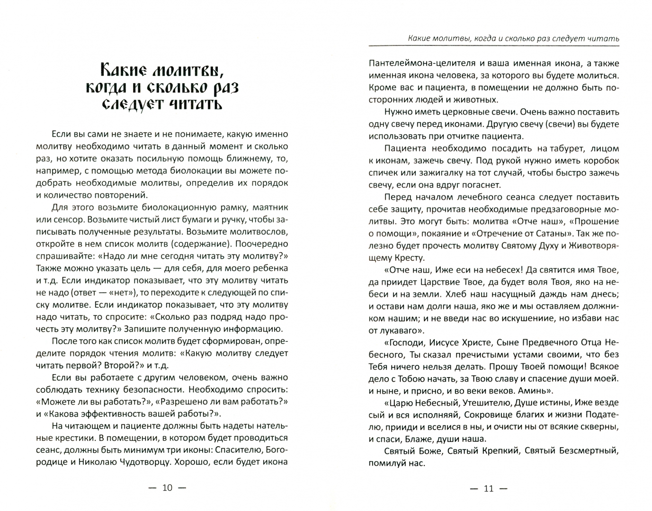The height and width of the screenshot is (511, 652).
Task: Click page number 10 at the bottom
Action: (168, 487)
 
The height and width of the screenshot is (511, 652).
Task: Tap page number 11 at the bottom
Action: (489, 488)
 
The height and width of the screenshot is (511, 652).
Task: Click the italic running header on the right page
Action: (513, 38)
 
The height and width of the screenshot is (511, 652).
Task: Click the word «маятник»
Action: (270, 207)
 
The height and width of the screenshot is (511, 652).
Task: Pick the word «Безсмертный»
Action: (588, 451)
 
